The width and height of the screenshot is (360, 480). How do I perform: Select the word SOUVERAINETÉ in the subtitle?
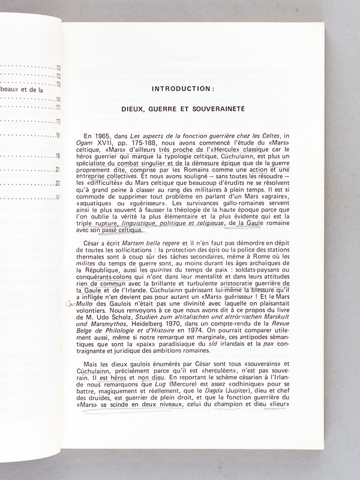pos(225,111)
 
